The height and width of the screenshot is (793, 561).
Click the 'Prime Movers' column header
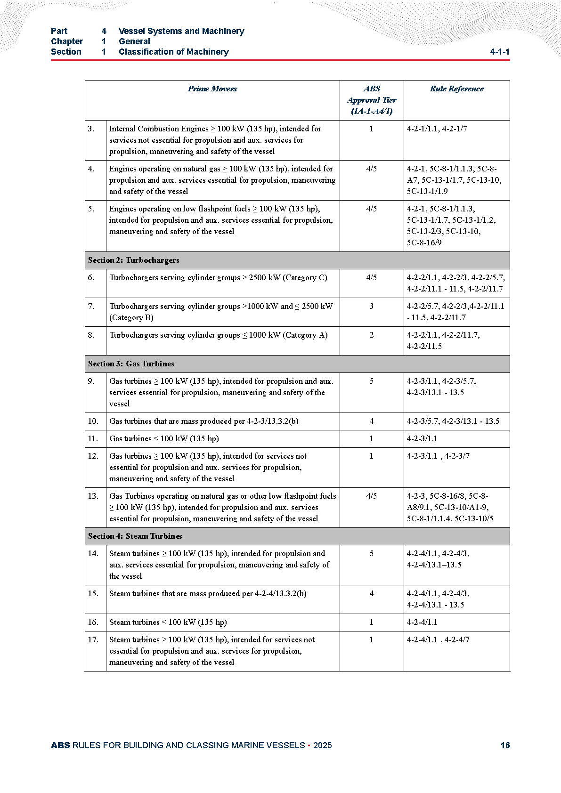(212, 89)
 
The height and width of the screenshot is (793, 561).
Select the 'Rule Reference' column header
(456, 89)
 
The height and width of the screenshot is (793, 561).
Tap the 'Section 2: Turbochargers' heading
(133, 260)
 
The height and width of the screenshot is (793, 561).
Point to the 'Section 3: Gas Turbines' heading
(131, 364)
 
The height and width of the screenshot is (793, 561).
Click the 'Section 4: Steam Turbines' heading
(135, 536)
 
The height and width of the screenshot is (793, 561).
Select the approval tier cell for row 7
(371, 307)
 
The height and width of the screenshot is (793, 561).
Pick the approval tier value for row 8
(371, 335)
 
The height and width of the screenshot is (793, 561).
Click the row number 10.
(93, 421)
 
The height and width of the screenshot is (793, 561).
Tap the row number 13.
(93, 496)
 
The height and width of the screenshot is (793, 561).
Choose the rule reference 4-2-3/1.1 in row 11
(422, 439)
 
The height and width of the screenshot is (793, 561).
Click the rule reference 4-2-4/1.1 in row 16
(422, 623)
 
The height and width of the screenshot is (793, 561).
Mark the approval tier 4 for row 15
(371, 594)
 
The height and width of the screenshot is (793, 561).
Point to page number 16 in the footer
(505, 745)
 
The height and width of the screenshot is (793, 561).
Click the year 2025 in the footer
(322, 745)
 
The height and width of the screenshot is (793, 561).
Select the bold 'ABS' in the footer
(60, 745)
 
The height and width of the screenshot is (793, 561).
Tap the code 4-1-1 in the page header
(499, 52)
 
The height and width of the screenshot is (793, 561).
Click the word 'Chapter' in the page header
(66, 41)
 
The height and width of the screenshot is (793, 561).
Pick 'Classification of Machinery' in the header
(173, 52)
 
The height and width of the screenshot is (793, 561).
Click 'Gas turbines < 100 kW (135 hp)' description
(164, 439)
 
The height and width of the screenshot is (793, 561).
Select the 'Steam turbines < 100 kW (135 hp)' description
(168, 623)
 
